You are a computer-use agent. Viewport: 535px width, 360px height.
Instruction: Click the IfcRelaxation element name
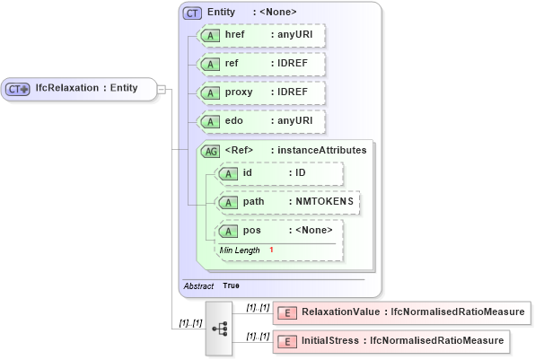[x=66, y=88]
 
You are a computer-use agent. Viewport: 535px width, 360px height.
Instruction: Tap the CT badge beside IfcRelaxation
[x=18, y=89]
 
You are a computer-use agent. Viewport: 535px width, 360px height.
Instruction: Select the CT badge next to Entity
[x=192, y=13]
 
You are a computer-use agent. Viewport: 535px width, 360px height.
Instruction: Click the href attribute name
[x=235, y=35]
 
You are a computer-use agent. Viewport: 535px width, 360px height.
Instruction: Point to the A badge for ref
[x=210, y=65]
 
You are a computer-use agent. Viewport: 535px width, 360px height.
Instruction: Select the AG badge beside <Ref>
[x=210, y=151]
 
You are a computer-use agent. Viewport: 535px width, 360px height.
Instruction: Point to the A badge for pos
[x=230, y=232]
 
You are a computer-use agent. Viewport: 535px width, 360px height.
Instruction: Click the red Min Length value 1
[x=271, y=249]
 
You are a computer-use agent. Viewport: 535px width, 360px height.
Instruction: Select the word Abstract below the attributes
[x=198, y=285]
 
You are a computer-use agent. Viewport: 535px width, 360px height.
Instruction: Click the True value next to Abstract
[x=231, y=285]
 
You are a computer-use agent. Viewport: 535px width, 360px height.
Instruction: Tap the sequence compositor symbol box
[x=219, y=329]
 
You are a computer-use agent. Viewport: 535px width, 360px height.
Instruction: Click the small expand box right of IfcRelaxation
[x=161, y=89]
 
